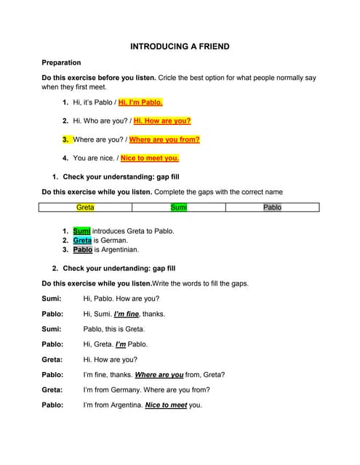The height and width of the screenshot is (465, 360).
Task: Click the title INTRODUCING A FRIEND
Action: (x=180, y=46)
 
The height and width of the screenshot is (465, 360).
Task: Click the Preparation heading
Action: (x=61, y=62)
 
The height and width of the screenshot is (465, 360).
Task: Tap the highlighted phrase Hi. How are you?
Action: (x=162, y=121)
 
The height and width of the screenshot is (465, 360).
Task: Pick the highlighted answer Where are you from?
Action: (x=164, y=139)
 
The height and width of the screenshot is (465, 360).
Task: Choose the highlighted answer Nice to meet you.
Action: (x=150, y=158)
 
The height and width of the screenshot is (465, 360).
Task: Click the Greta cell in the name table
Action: (x=85, y=207)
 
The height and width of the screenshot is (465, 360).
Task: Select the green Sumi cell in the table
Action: (x=179, y=207)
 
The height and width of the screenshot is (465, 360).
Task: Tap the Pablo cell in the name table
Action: (x=272, y=207)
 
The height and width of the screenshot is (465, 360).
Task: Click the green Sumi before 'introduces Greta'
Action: (x=81, y=230)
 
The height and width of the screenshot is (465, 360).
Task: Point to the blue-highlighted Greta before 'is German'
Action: (x=82, y=240)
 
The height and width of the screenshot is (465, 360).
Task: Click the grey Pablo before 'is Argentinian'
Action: (x=83, y=249)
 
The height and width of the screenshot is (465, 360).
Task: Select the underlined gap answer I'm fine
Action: (x=127, y=314)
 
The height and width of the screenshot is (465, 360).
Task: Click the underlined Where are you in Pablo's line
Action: (x=159, y=375)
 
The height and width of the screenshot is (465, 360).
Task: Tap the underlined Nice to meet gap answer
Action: (x=166, y=405)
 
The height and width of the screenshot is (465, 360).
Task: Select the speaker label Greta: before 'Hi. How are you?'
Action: (x=52, y=360)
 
